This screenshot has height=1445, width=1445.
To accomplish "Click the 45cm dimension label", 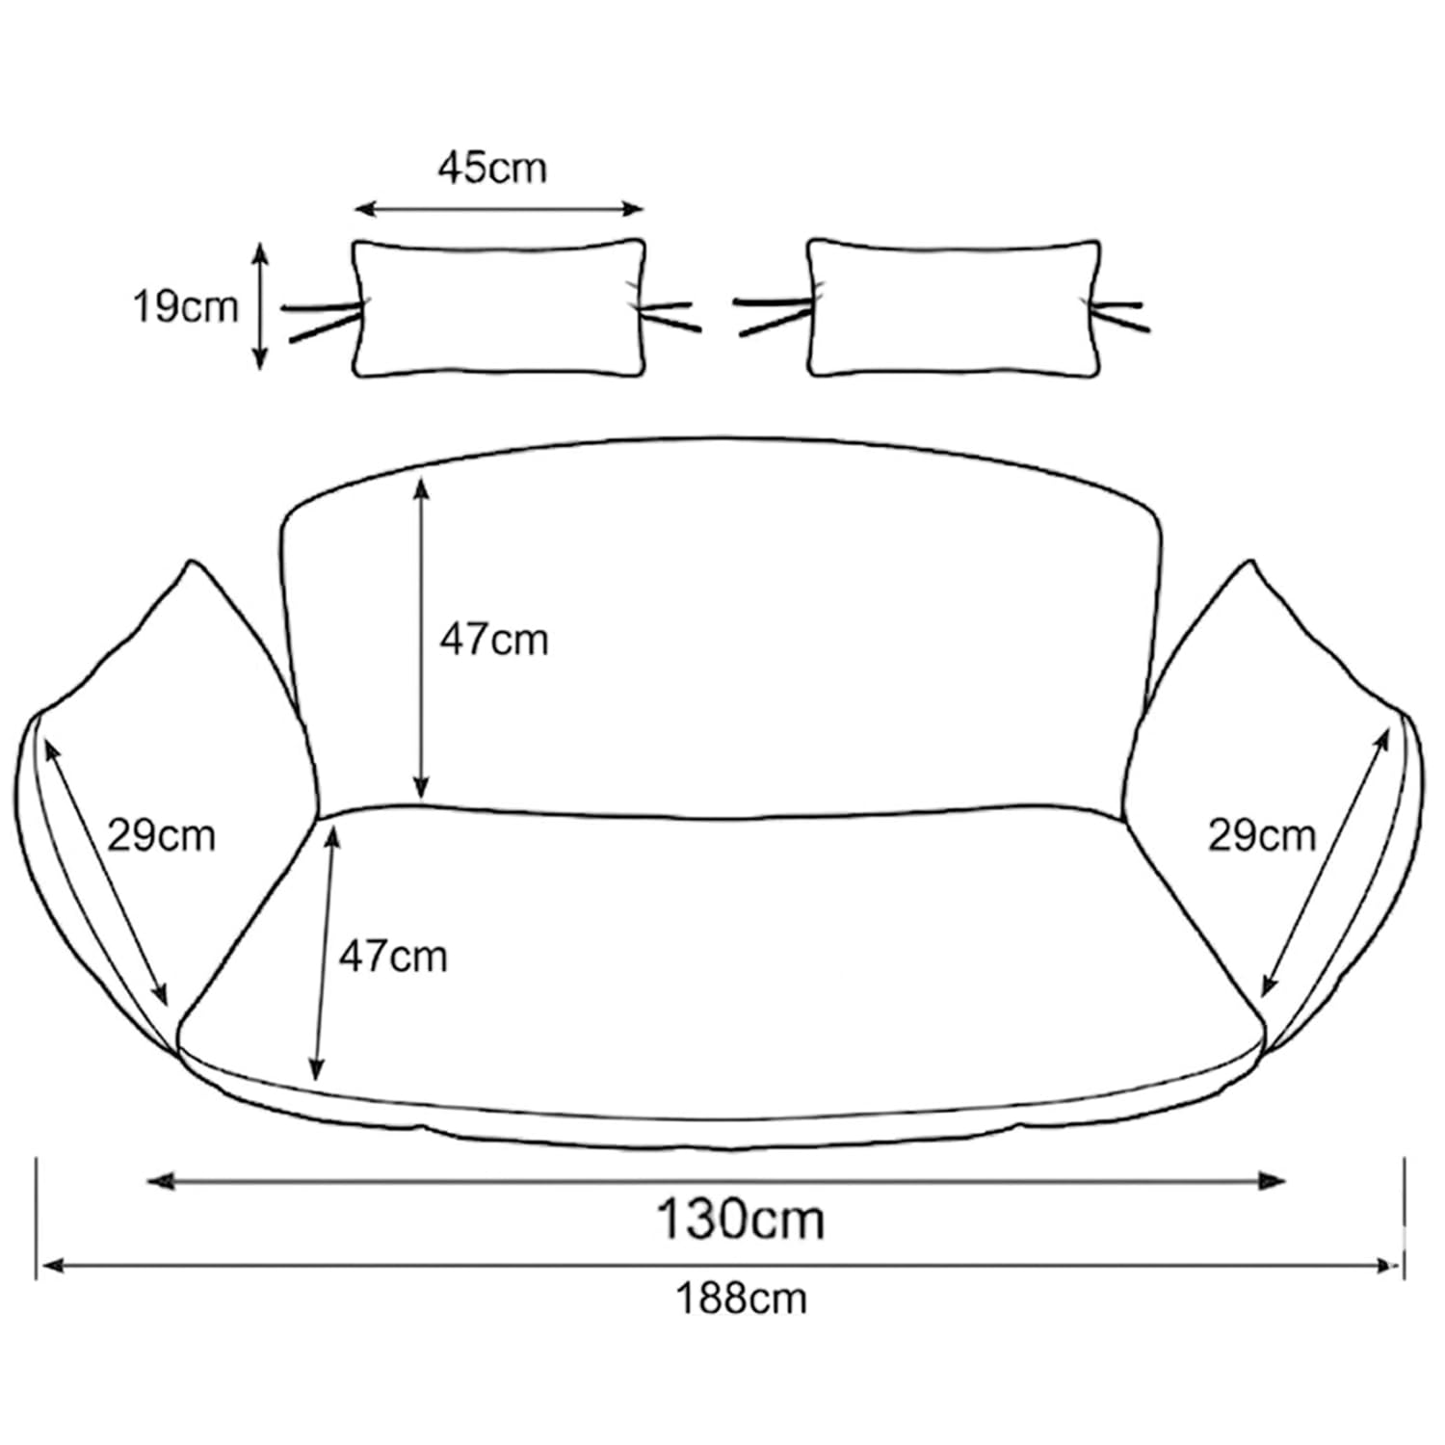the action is [x=492, y=169].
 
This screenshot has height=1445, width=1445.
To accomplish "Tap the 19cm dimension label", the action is [x=185, y=307].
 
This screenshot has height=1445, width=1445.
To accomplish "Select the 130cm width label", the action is [x=740, y=1219].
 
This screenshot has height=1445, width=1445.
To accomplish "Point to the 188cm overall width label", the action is [x=741, y=1299].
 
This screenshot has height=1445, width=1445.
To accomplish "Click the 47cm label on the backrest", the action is [x=494, y=640].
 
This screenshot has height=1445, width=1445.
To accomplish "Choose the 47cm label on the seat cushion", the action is [x=393, y=957].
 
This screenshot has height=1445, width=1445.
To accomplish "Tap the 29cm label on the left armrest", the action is [x=161, y=835].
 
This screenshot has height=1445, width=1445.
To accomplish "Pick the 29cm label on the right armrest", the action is [x=1262, y=835].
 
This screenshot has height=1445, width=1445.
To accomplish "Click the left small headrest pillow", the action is [x=499, y=307].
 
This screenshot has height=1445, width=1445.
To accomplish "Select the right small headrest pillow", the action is [x=954, y=307].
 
